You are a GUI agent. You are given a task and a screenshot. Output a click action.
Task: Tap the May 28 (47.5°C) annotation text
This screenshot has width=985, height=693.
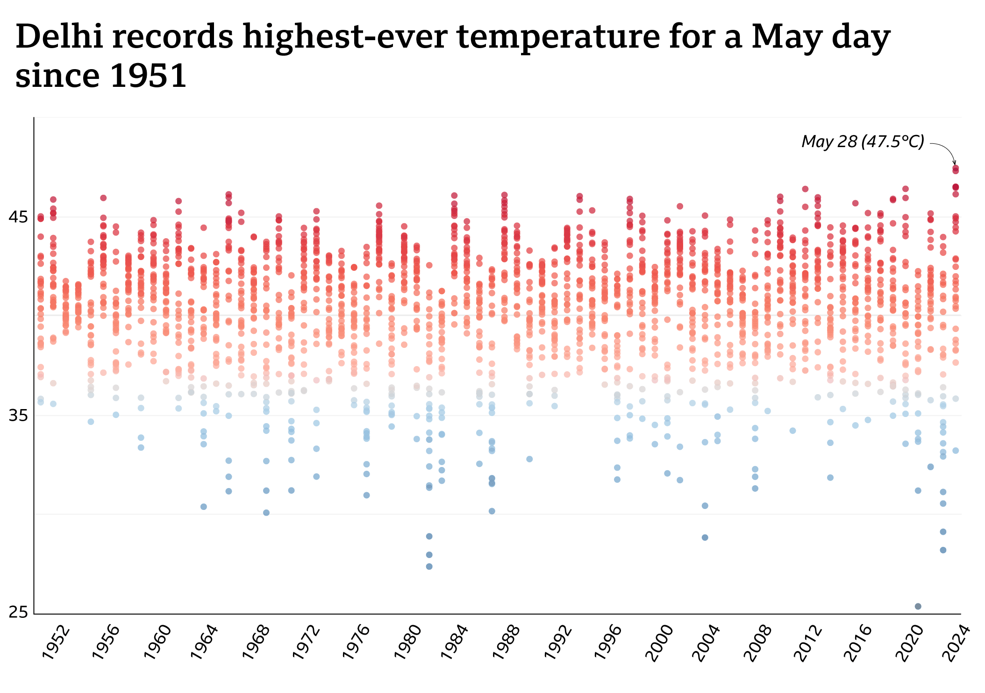point(863,141)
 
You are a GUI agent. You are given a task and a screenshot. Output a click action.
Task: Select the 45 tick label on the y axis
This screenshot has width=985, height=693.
point(18,217)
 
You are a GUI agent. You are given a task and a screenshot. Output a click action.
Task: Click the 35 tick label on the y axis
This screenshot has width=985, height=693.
point(18,415)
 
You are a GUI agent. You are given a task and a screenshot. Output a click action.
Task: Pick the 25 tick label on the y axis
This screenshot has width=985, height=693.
point(18,612)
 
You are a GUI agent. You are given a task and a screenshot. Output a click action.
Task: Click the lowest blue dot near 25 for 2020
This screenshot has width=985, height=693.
point(918,606)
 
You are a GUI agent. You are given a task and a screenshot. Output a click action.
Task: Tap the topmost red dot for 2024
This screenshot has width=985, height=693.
point(956,168)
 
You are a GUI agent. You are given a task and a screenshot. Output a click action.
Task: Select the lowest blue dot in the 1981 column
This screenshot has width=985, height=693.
point(429,566)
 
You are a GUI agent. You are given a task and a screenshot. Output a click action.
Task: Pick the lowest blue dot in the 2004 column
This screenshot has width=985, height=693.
point(705,537)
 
